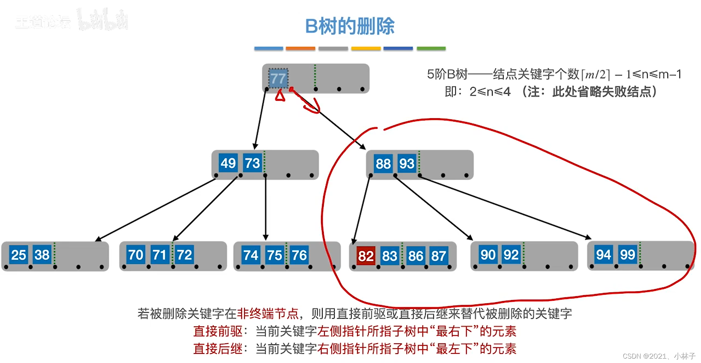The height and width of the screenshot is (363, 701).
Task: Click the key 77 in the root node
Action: (278, 79)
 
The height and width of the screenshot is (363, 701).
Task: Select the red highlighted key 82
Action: (365, 256)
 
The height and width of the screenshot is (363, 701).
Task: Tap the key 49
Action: (228, 163)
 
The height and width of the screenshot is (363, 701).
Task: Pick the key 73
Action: (252, 163)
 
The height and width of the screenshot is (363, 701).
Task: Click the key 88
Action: (383, 164)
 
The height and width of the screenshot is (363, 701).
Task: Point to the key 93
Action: (407, 164)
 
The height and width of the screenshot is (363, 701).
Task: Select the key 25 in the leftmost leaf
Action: (18, 255)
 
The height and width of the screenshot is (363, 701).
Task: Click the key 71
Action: (159, 255)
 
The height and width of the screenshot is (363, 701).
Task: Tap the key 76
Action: (299, 255)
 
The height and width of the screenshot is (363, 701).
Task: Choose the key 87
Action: (438, 256)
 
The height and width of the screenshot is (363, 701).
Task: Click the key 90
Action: (488, 255)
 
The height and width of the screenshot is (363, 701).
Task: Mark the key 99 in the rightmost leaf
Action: (627, 254)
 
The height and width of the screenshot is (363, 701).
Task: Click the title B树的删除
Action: (350, 26)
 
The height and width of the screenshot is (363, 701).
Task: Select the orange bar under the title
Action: (300, 48)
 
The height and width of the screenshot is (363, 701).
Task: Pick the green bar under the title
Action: (431, 48)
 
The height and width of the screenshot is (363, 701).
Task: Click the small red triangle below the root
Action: (280, 96)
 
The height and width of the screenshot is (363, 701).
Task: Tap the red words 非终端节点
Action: (268, 313)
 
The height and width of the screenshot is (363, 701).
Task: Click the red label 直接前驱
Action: (218, 331)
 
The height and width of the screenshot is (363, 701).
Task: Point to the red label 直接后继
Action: (218, 349)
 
